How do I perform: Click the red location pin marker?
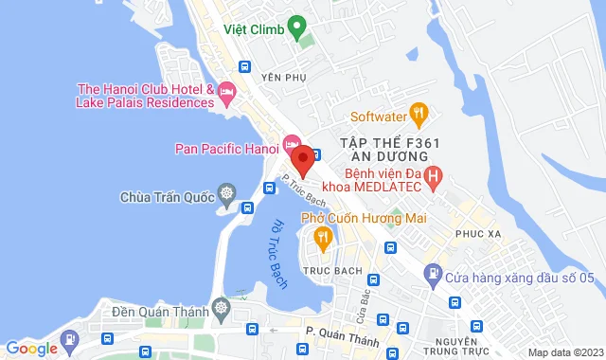(301, 157)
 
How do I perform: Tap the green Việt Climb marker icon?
(296, 26)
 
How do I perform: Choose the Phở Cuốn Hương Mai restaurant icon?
(322, 236)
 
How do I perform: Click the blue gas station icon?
(432, 277)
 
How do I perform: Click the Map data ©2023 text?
(563, 352)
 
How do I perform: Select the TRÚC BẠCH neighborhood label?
(328, 270)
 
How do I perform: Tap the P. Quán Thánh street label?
(342, 330)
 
